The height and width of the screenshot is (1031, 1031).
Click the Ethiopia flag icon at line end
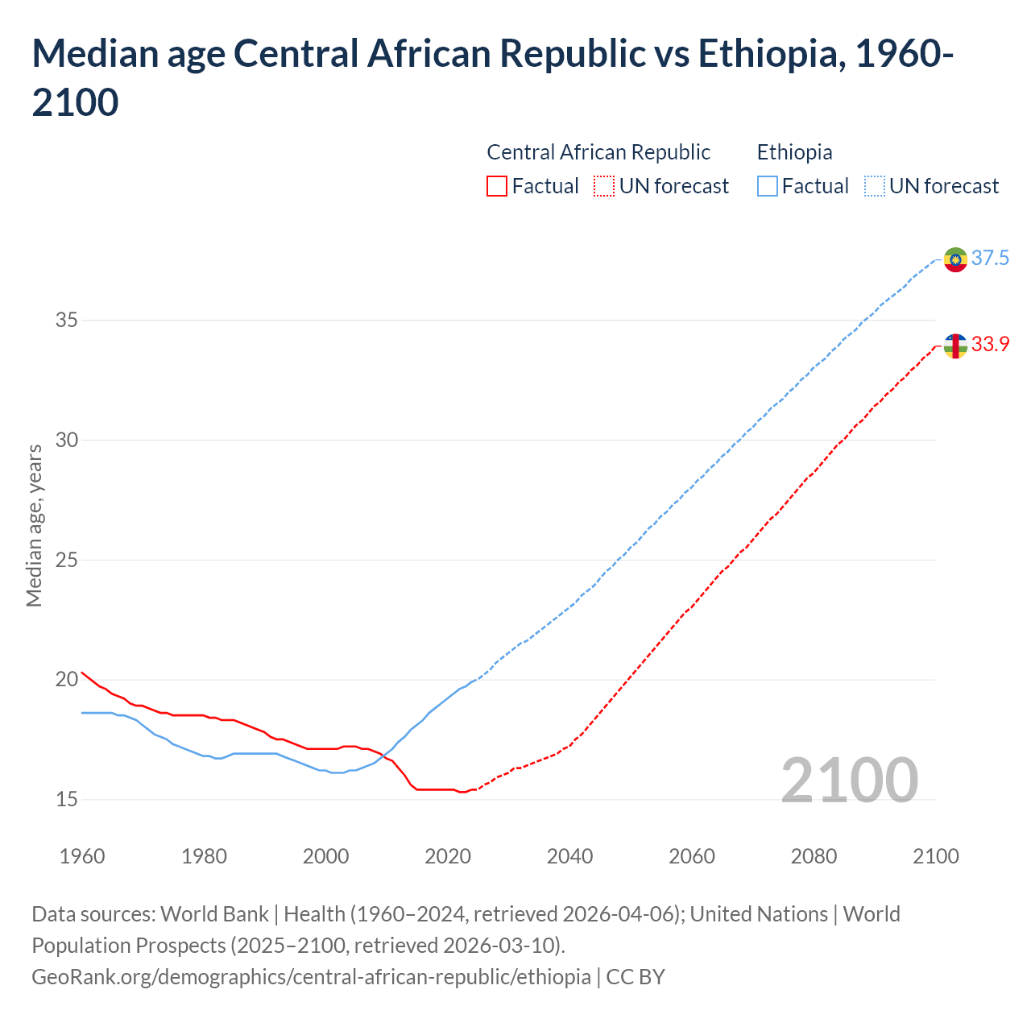[x=955, y=259]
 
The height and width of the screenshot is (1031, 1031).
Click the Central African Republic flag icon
[x=955, y=346]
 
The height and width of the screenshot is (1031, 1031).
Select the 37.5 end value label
[x=990, y=259]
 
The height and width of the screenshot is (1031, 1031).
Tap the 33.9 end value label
[x=990, y=345]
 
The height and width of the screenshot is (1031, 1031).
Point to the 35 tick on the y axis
[x=66, y=321]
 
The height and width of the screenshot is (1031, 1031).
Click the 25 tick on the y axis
[x=66, y=560]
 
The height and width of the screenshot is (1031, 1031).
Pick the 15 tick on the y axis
[x=66, y=800]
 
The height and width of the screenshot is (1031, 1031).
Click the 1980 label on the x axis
[x=204, y=856]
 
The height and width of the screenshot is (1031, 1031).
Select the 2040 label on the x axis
[x=569, y=856]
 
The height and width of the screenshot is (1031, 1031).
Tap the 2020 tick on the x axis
[x=448, y=856]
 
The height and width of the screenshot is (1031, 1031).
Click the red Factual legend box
[x=497, y=187]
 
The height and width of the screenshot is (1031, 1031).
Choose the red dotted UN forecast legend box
[x=604, y=187]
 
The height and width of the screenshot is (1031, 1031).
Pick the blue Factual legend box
[x=768, y=187]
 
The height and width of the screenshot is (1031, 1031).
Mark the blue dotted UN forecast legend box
[x=874, y=187]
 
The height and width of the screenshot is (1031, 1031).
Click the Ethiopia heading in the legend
[x=794, y=152]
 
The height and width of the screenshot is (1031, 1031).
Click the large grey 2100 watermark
[x=849, y=780]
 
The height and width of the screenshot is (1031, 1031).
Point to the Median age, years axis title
[x=34, y=525]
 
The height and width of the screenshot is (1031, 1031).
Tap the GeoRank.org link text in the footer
[x=310, y=977]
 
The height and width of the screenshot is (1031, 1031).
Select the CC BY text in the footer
[x=636, y=977]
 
